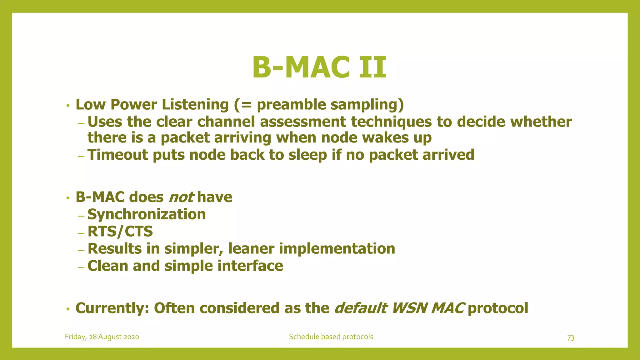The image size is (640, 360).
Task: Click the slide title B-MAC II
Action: point(319,67)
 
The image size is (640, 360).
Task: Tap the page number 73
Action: point(571,338)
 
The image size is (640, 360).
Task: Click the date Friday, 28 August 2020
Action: point(102,337)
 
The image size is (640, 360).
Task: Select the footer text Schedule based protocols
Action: point(331,337)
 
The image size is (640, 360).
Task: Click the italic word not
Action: point(181,197)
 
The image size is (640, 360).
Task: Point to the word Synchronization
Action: point(147,214)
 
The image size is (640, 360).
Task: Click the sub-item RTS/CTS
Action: point(120,232)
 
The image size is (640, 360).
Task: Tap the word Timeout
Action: point(117,155)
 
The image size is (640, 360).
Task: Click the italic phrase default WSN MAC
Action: point(399,308)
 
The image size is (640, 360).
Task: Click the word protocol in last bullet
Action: point(498,308)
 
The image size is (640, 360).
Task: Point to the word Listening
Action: point(195,104)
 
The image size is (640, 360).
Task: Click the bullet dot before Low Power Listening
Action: point(67,106)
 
